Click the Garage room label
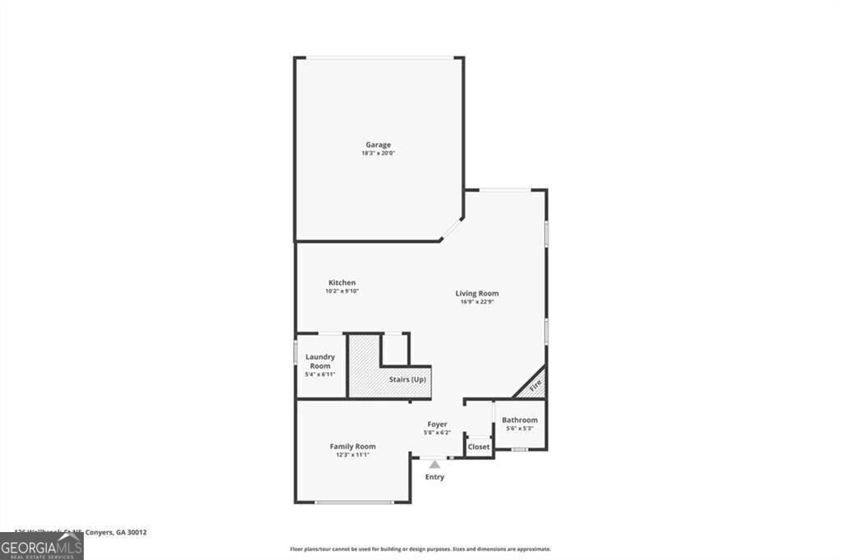click(x=379, y=145)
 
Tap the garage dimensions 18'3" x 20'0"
click(x=379, y=154)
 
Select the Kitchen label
click(x=342, y=282)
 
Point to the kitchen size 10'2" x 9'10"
click(x=342, y=291)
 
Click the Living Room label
click(x=477, y=293)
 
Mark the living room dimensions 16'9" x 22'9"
click(x=477, y=301)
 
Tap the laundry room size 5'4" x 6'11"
click(x=320, y=374)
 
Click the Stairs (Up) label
click(x=407, y=380)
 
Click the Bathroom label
click(x=520, y=420)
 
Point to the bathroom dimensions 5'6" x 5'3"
click(x=520, y=428)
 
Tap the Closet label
click(x=479, y=447)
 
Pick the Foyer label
click(x=437, y=425)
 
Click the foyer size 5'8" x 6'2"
click(x=437, y=433)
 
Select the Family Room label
click(x=353, y=446)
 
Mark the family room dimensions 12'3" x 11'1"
click(x=353, y=454)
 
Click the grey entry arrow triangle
click(x=434, y=465)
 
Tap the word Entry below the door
click(x=434, y=477)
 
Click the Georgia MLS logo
click(x=42, y=547)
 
